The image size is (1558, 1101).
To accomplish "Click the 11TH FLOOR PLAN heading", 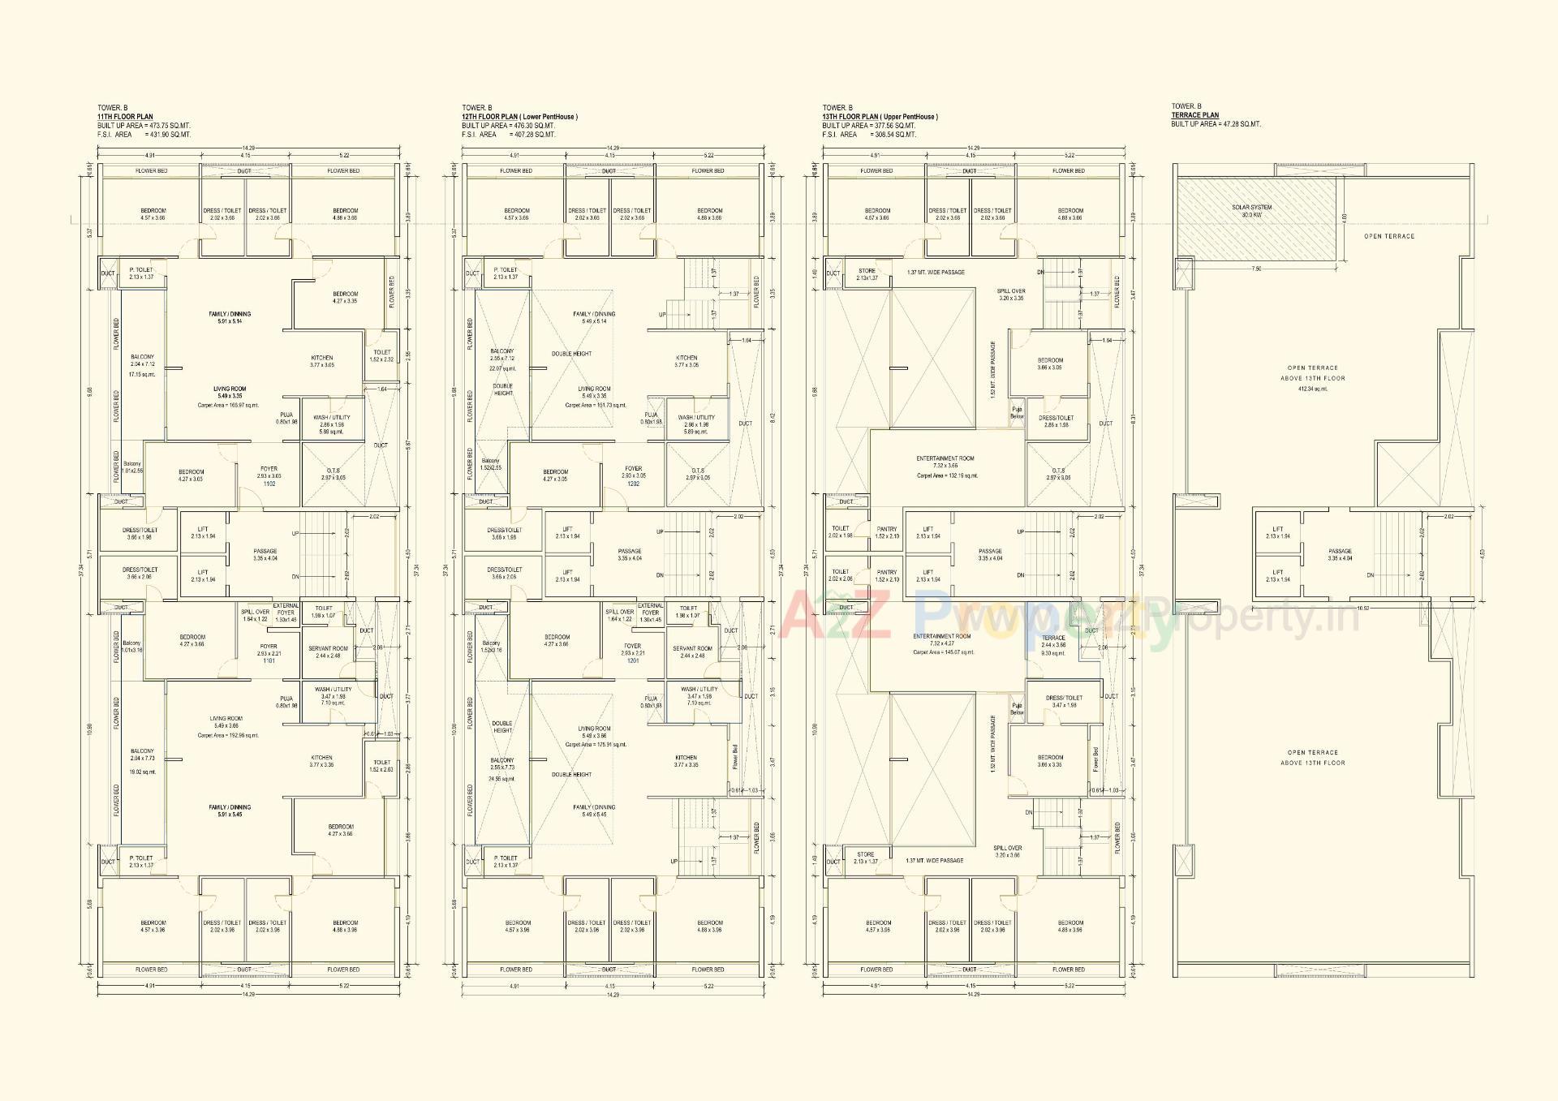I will [x=125, y=117].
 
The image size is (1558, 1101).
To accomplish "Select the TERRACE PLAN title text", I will [x=1194, y=115].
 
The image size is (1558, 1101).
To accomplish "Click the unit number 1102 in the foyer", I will [x=269, y=484].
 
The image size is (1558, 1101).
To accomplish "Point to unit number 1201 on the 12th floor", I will [x=633, y=660].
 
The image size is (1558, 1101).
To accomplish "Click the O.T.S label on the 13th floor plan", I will [x=1058, y=471].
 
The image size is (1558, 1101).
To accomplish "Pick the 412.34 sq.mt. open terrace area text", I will [x=1312, y=389].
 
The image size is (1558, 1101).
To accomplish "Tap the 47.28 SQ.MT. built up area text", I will [x=1240, y=124].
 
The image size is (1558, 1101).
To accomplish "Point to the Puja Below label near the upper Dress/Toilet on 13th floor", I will [x=1017, y=413].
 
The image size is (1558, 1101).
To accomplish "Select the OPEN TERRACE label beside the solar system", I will [x=1388, y=236].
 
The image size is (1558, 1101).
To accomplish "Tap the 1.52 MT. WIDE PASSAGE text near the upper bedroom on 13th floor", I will [x=992, y=370].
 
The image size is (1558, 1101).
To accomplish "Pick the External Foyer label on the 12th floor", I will [x=650, y=609].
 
